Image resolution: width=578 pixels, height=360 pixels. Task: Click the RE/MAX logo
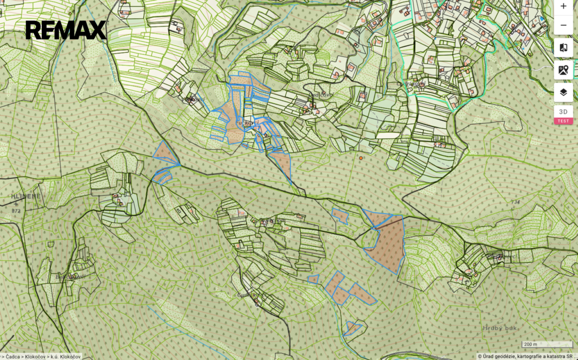coord(65,30)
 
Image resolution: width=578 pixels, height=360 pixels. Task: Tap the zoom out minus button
coord(563,25)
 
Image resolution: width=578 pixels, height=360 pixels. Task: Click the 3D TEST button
coord(563,115)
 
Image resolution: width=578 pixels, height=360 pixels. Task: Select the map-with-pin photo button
coord(563,70)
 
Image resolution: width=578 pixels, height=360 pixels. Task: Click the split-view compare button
coord(563,47)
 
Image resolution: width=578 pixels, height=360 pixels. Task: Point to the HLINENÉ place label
coord(26,196)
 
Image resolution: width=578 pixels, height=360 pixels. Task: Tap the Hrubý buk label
coord(500,328)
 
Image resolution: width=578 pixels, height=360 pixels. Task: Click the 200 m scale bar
coord(530,344)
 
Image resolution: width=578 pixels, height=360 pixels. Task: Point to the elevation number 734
coord(514,202)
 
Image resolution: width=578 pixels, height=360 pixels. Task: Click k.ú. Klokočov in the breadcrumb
coord(65,356)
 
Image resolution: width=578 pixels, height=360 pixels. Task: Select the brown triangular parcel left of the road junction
coord(164,153)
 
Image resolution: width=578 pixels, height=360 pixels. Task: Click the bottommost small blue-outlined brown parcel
coord(352,327)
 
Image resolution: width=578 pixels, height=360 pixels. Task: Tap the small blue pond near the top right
coord(542,19)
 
